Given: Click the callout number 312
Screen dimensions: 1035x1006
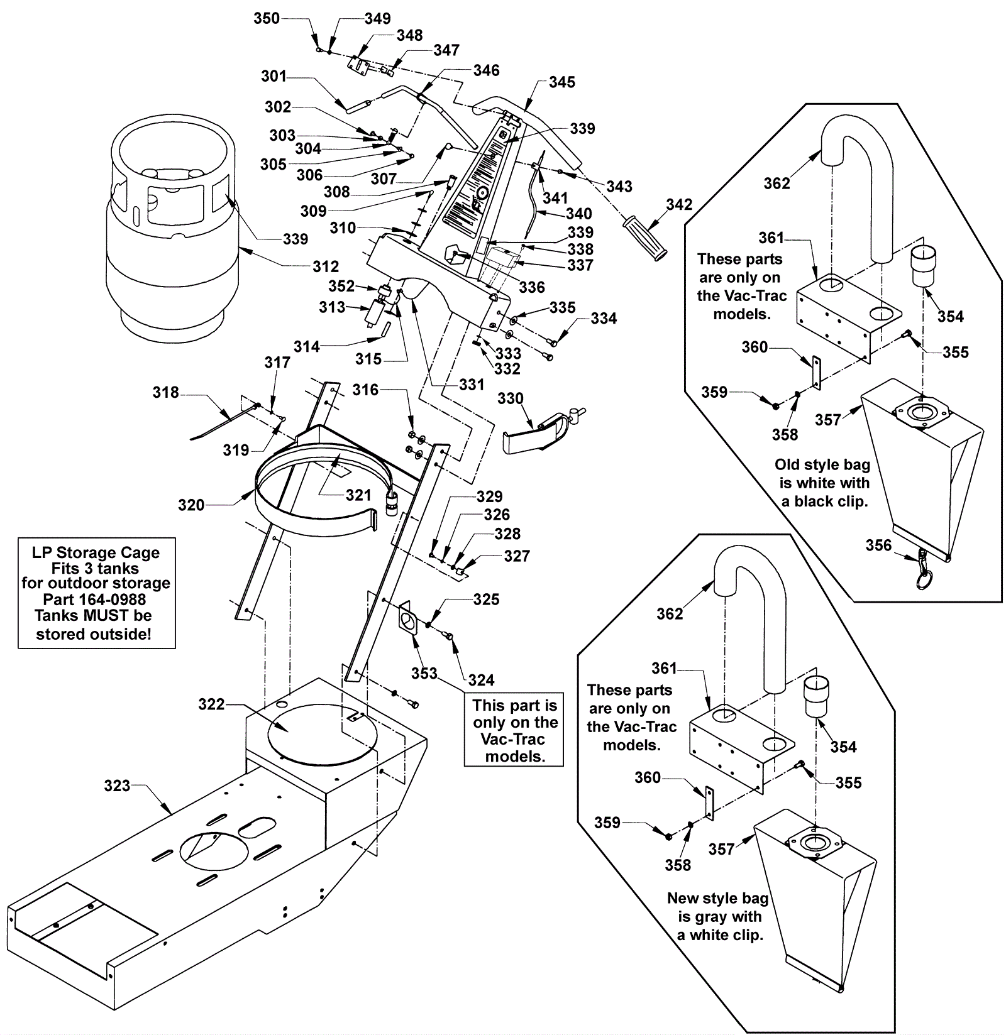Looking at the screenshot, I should click(x=325, y=266).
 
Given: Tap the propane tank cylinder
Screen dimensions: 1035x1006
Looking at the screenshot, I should click(x=172, y=251).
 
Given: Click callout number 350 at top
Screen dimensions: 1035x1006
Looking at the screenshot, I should click(x=266, y=19).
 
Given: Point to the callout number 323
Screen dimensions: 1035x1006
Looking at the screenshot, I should click(x=117, y=786).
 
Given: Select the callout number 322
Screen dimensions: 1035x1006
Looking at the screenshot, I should click(x=211, y=704).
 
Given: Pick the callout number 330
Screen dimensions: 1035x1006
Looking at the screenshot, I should click(x=510, y=399).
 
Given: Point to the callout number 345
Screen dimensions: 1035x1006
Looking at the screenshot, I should click(x=561, y=82).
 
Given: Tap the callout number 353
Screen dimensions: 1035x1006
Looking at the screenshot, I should click(x=424, y=674).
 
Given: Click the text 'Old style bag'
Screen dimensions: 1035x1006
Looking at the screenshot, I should click(x=822, y=465).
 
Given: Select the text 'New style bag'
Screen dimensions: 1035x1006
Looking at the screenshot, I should click(x=717, y=899).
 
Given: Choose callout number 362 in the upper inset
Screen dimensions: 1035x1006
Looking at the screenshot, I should click(x=777, y=183).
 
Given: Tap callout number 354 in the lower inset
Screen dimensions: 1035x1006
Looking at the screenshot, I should click(x=843, y=747).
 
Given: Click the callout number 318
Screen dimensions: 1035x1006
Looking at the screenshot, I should click(x=165, y=393).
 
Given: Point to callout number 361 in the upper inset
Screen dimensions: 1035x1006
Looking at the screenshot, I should click(x=771, y=238).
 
